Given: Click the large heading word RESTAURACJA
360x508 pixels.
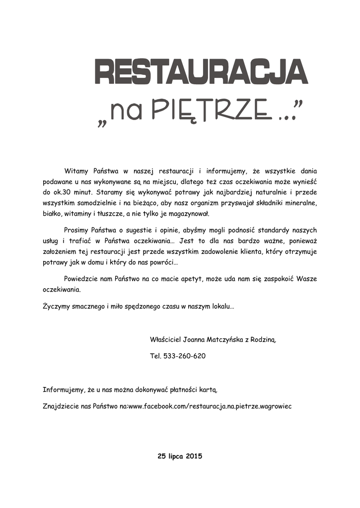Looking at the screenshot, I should pyautogui.click(x=201, y=72).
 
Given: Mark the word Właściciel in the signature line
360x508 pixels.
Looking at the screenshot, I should pyautogui.click(x=165, y=340).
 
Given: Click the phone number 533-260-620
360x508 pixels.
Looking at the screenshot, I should pyautogui.click(x=184, y=356).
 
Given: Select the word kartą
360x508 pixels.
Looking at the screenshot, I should pyautogui.click(x=208, y=389).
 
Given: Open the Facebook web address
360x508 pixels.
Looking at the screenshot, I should pyautogui.click(x=210, y=406).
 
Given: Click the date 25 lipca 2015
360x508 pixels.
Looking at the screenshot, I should pyautogui.click(x=180, y=455).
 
